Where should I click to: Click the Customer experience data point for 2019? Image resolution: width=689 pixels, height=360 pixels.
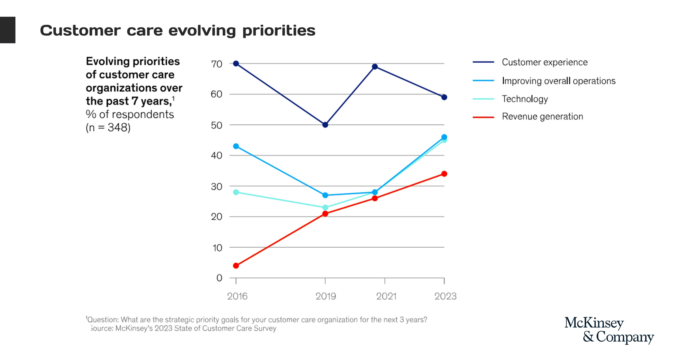pyautogui.click(x=325, y=125)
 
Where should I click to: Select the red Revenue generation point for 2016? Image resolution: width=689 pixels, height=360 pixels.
pyautogui.click(x=236, y=266)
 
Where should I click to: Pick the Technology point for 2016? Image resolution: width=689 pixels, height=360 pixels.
pyautogui.click(x=236, y=192)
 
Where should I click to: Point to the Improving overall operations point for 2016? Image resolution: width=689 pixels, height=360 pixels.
pyautogui.click(x=236, y=146)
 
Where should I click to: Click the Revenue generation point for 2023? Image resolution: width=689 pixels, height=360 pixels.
pyautogui.click(x=444, y=174)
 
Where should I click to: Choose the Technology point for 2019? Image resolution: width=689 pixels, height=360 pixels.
pyautogui.click(x=325, y=207)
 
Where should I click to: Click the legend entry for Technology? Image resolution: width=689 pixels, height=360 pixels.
pyautogui.click(x=525, y=99)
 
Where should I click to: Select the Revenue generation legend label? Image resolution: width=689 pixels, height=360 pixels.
pyautogui.click(x=542, y=117)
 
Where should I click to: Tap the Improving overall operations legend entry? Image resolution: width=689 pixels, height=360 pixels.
pyautogui.click(x=559, y=81)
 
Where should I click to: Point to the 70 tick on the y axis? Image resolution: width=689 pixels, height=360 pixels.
pyautogui.click(x=217, y=64)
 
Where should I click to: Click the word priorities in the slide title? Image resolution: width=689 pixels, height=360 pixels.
pyautogui.click(x=279, y=31)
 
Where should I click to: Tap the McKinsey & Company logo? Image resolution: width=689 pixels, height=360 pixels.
pyautogui.click(x=609, y=330)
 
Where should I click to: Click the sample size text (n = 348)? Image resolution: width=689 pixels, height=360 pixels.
pyautogui.click(x=108, y=128)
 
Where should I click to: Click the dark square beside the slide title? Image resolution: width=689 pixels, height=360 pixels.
pyautogui.click(x=8, y=30)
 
